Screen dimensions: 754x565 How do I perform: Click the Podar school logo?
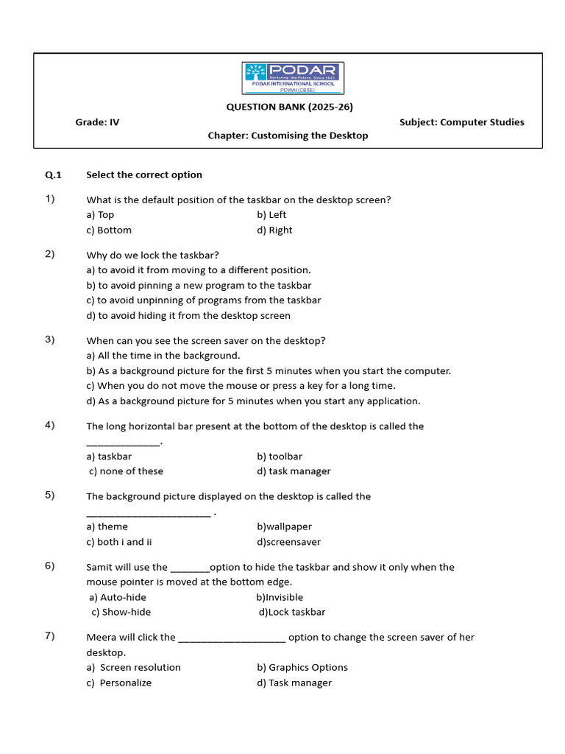[x=293, y=79]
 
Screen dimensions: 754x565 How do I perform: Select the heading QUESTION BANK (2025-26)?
[x=289, y=107]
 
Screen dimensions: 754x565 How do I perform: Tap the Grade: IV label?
[x=97, y=122]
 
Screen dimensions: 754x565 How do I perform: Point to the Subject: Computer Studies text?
[x=461, y=122]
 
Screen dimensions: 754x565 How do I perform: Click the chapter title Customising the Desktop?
[x=288, y=135]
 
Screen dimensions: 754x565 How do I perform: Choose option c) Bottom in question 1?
[x=109, y=230]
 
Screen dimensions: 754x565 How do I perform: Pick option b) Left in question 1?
[x=271, y=215]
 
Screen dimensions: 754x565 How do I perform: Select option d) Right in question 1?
[x=274, y=230]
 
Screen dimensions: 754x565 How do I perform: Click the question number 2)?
[x=50, y=254]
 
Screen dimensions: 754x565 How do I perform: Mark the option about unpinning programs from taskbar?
[x=203, y=300]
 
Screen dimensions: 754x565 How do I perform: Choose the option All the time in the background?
[x=163, y=356]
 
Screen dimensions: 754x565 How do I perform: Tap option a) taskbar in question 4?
[x=109, y=457]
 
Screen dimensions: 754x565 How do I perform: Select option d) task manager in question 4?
[x=294, y=471]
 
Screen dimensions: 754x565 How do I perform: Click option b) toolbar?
[x=280, y=457]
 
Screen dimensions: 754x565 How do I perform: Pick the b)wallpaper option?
[x=284, y=526]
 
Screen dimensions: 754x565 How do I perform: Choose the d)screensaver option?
[x=289, y=542]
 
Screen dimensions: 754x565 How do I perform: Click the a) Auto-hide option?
[x=118, y=597]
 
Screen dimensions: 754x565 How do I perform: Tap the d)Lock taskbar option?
[x=291, y=612]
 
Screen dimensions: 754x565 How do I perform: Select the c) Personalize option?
[x=118, y=683]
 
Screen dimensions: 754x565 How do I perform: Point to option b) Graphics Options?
[x=302, y=667]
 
